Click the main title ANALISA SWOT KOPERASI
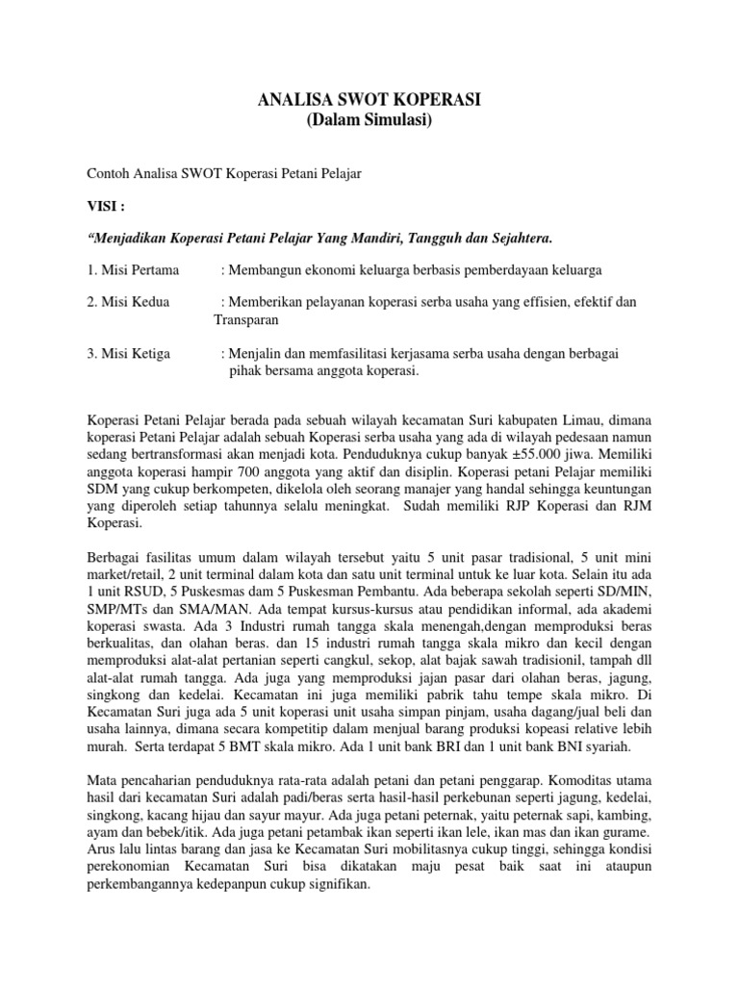click(x=369, y=100)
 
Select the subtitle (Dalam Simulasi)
click(x=369, y=120)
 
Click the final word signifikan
click(x=334, y=883)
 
